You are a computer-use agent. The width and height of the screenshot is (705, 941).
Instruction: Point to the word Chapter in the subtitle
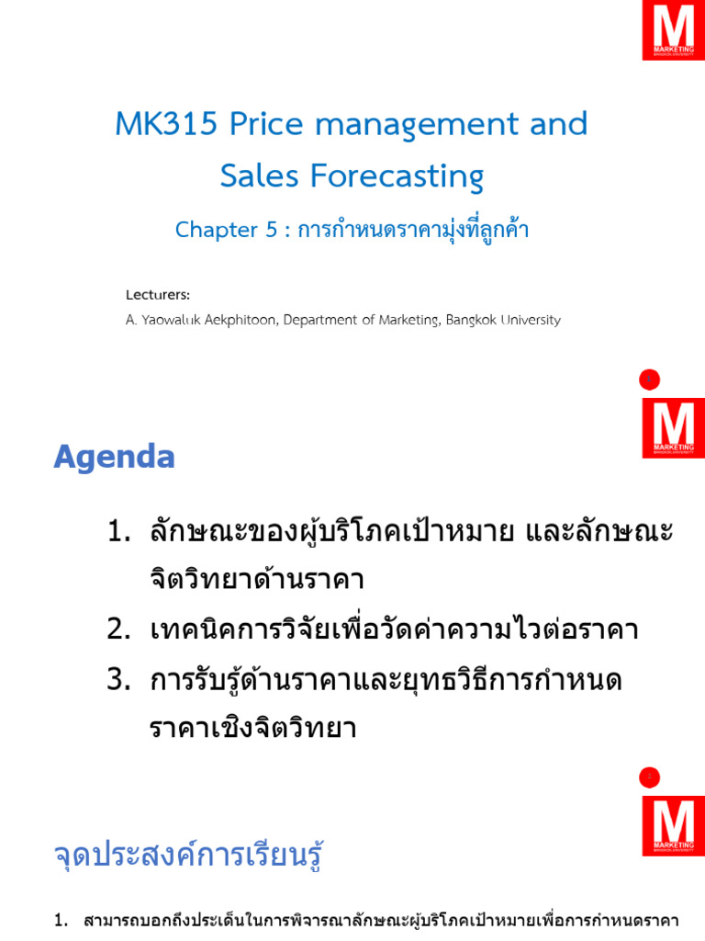click(217, 230)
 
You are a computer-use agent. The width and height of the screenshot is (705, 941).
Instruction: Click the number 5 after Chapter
click(271, 230)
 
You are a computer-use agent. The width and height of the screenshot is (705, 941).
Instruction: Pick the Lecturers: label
click(158, 295)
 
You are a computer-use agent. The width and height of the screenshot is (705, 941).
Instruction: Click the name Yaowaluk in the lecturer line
click(171, 321)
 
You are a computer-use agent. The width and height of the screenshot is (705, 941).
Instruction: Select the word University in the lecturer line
click(528, 321)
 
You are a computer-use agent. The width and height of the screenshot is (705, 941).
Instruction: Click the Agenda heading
click(114, 457)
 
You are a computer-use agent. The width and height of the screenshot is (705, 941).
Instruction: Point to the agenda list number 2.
click(117, 629)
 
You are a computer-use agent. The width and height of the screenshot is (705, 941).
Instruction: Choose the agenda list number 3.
click(117, 680)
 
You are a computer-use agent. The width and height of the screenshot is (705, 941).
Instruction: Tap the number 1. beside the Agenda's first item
click(117, 531)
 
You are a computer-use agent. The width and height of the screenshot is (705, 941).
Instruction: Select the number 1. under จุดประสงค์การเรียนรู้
click(62, 921)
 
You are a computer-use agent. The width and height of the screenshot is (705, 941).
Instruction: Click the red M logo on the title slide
click(673, 30)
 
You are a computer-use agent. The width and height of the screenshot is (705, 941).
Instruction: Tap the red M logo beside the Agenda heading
click(673, 427)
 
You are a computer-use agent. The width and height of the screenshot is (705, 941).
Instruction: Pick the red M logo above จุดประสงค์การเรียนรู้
click(673, 825)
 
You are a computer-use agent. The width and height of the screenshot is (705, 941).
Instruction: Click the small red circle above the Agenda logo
click(650, 380)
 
